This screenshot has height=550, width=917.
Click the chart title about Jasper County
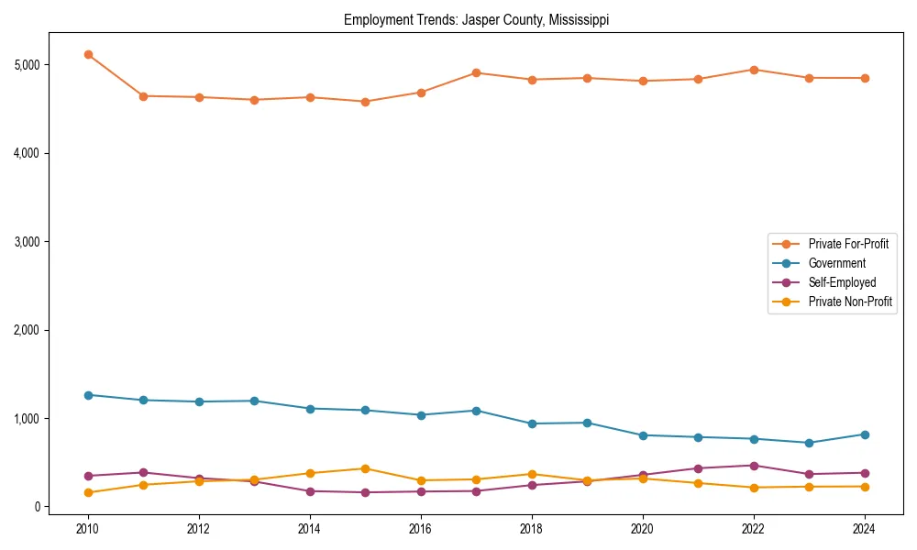476,19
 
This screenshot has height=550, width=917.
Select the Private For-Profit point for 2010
88,55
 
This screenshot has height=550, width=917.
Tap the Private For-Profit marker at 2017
477,72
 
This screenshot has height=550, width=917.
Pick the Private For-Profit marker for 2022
754,70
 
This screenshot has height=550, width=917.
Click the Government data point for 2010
88,395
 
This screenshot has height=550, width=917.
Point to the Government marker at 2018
532,423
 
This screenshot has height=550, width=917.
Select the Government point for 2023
809,443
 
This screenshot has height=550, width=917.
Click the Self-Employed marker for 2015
366,492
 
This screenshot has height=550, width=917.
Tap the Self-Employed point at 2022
754,466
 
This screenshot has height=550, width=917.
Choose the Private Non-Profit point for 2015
366,468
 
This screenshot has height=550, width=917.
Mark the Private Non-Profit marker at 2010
88,492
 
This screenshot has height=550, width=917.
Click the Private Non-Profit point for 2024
865,487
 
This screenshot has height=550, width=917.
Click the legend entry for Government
836,263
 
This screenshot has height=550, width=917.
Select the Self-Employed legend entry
842,282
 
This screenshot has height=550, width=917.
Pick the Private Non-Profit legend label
850,302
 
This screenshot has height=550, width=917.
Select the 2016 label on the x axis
421,529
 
